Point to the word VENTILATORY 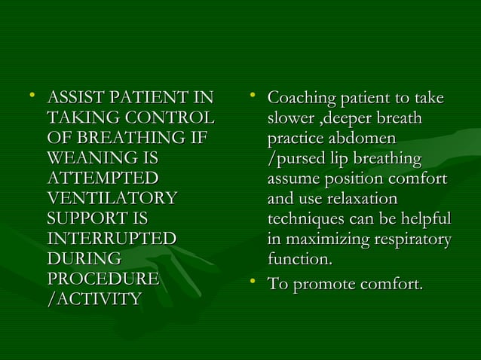tap(112, 199)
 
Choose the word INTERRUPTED tap(112, 239)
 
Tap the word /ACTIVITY tap(93, 300)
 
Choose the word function tap(299, 260)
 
